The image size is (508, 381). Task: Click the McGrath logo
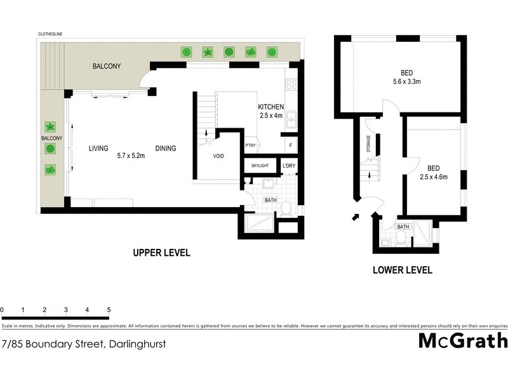click(462, 340)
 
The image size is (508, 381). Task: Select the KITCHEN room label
click(271, 107)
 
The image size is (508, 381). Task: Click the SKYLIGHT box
click(260, 166)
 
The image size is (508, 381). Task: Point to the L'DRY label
click(289, 166)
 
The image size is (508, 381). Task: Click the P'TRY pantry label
click(250, 145)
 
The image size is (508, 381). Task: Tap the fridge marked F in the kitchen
click(290, 145)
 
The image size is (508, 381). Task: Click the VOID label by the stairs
click(218, 156)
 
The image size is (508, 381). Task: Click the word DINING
click(166, 149)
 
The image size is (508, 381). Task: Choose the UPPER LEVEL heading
click(161, 253)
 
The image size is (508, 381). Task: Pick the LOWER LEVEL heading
click(402, 270)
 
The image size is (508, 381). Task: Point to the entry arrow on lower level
click(355, 218)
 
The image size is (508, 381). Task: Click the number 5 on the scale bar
click(109, 310)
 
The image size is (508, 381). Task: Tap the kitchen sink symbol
click(292, 119)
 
